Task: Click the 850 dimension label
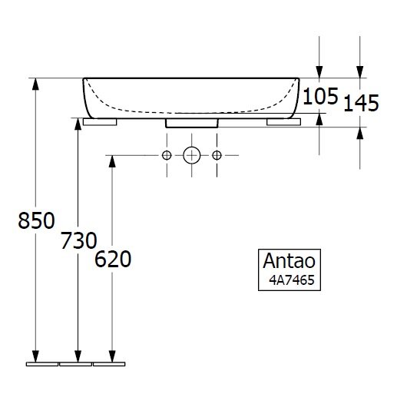36,220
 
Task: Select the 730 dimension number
79,240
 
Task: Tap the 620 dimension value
113,259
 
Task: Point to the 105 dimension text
320,96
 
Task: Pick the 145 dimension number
362,103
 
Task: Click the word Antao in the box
290,260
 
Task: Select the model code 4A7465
292,280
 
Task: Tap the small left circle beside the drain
167,155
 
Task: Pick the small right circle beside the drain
217,155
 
